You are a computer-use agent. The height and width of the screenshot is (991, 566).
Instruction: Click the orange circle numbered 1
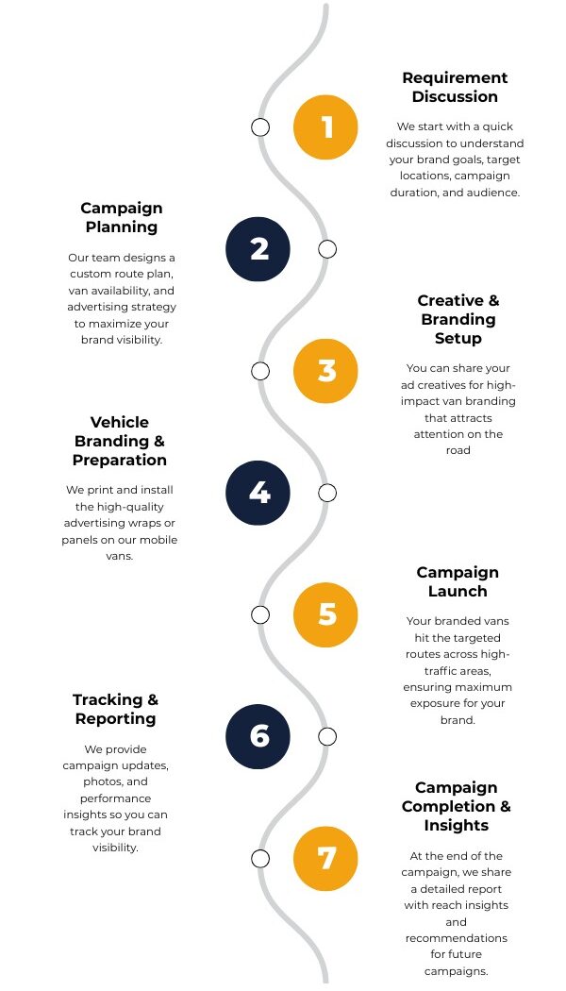[x=326, y=126]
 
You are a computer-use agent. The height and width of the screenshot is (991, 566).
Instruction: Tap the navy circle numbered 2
[x=258, y=248]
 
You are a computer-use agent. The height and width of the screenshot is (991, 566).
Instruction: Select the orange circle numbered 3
[x=326, y=370]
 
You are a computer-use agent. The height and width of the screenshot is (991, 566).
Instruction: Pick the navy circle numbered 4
[x=258, y=492]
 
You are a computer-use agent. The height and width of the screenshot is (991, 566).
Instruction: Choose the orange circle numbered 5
[x=326, y=613]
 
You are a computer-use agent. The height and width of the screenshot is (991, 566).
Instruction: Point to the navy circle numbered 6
[x=258, y=735]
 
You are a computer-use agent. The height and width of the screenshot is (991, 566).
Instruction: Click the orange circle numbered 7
[x=326, y=857]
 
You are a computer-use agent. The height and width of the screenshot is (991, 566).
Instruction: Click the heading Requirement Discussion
[x=455, y=87]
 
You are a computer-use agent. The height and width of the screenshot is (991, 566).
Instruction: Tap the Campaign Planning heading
[x=121, y=217]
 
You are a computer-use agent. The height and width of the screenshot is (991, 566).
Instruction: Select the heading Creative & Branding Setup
[x=458, y=319]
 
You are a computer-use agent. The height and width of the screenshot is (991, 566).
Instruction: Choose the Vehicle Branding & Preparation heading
[x=120, y=441]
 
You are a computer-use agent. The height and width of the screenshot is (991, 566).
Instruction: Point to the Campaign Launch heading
[x=458, y=581]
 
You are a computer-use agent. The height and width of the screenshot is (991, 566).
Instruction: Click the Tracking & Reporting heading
[x=116, y=709]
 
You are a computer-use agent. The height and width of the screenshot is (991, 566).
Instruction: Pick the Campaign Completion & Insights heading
[x=456, y=806]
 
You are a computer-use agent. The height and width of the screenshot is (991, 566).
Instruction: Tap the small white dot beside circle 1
[x=260, y=126]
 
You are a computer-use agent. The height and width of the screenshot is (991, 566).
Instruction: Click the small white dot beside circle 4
[x=326, y=492]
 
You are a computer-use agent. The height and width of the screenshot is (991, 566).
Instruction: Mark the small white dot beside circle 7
[x=260, y=857]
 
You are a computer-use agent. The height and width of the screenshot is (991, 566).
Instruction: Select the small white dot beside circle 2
[x=326, y=248]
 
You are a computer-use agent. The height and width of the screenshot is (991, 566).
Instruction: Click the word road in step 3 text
[x=458, y=450]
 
